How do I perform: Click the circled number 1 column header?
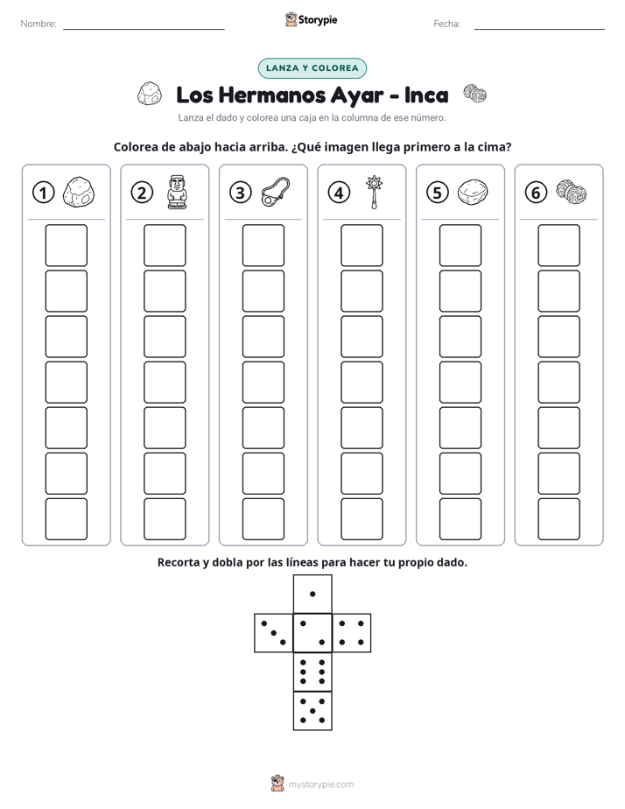[x=43, y=193]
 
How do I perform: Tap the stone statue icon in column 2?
[x=178, y=192]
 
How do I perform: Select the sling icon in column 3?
[x=276, y=192]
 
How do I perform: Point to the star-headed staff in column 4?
[x=374, y=192]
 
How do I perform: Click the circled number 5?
[x=438, y=193]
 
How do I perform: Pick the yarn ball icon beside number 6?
[x=572, y=191]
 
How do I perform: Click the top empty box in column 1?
[x=66, y=245]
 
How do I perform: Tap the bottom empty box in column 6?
[x=558, y=519]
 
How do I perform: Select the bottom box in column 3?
[x=263, y=519]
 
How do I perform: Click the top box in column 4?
[x=362, y=245]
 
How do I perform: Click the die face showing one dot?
[x=312, y=594]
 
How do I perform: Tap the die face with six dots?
[x=312, y=672]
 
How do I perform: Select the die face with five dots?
[x=312, y=711]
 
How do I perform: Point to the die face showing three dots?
[x=273, y=632]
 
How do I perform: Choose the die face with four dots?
[x=352, y=632]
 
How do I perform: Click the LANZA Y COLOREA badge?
[x=312, y=68]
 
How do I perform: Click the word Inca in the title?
[x=426, y=95]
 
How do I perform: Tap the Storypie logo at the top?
[x=312, y=19]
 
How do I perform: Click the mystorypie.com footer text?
[x=320, y=784]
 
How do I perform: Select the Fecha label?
[x=446, y=24]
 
